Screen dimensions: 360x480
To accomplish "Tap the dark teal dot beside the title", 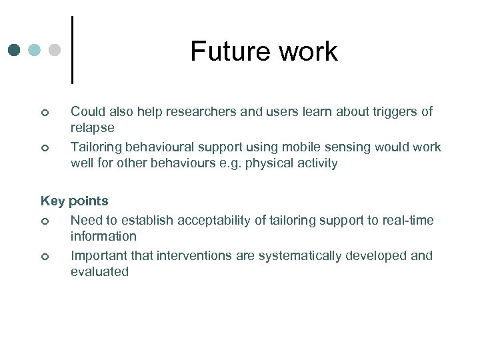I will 15,50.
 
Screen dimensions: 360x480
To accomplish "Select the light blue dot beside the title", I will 35,50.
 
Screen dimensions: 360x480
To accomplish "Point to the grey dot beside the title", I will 55,50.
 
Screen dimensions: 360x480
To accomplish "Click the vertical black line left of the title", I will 72,50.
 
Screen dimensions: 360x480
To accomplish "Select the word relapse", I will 93,127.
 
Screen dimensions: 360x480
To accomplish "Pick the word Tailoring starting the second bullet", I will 97,147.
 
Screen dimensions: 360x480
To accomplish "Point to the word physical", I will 268,163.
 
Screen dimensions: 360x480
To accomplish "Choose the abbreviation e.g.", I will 229,163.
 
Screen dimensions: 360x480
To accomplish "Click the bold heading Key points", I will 74,201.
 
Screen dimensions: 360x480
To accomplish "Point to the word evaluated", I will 99,271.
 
